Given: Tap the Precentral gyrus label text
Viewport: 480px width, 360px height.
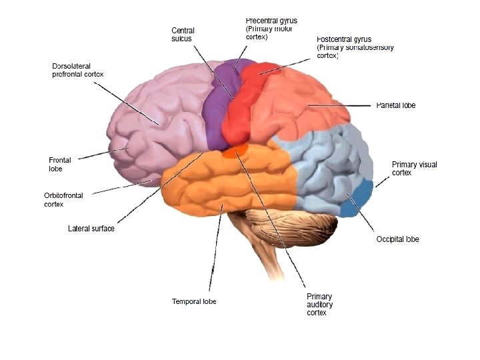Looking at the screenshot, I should click(x=271, y=29).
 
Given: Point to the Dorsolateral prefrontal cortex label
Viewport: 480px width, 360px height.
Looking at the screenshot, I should click(x=78, y=70).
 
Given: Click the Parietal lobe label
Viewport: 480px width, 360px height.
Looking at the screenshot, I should click(x=396, y=105).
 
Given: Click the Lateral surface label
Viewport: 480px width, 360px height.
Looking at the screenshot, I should click(x=91, y=229).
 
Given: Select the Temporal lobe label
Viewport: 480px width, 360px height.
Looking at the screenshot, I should click(x=194, y=301).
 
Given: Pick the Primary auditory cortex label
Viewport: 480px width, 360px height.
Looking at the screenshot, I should click(x=319, y=305).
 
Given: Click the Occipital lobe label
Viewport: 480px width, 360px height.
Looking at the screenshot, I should click(x=397, y=239).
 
